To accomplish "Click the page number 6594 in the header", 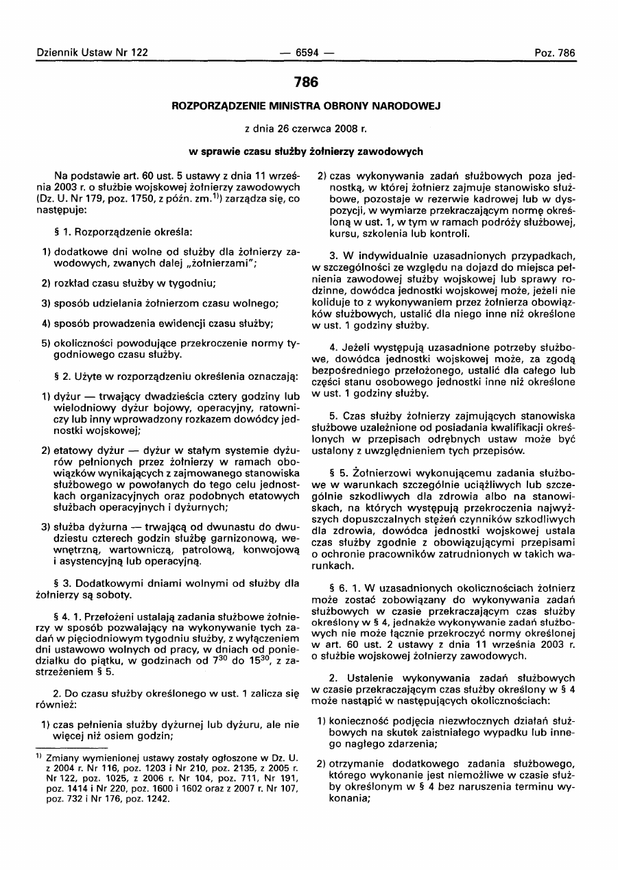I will pos(308,53).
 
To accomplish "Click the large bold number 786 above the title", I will pos(306,82).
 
